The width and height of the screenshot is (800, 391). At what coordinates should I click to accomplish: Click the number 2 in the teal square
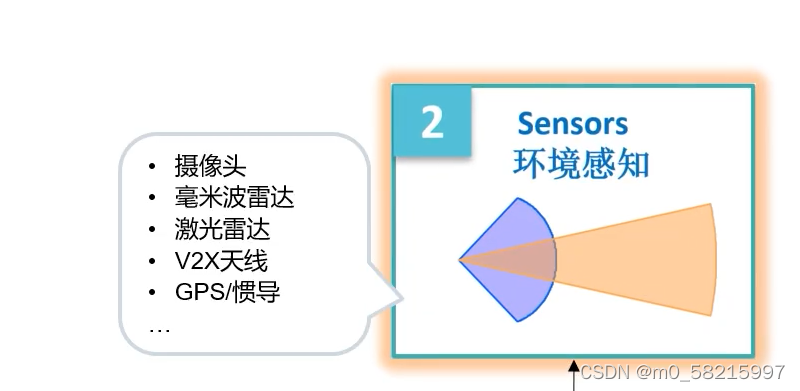[432, 123]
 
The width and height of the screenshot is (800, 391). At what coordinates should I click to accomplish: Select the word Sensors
[572, 124]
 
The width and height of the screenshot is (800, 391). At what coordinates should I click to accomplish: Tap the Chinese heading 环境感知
[580, 162]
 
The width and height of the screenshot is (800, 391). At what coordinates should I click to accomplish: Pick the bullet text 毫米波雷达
[234, 198]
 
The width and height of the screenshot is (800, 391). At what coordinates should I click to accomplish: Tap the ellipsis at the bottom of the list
[160, 327]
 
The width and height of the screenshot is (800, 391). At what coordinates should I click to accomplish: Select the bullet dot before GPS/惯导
[152, 293]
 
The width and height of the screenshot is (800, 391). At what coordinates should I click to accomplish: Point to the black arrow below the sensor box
[573, 375]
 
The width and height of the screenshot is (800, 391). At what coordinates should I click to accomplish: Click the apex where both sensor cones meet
[460, 260]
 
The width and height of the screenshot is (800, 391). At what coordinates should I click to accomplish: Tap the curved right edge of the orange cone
[717, 259]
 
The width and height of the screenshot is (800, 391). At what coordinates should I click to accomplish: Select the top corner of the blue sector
[517, 199]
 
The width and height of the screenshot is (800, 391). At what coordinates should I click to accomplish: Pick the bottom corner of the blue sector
[517, 321]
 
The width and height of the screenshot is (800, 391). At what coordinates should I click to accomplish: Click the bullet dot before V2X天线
[152, 261]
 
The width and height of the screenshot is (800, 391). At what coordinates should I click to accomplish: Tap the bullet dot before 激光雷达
[152, 230]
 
